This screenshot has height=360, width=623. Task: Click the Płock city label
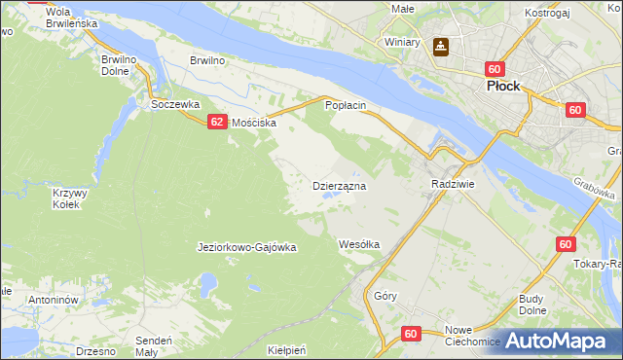[x=502, y=86]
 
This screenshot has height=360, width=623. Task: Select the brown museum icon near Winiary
[x=440, y=46]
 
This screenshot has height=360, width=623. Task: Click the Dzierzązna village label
[x=338, y=185]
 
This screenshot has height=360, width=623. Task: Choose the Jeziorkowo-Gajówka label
[x=246, y=247]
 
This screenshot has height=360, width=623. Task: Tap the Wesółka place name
[x=358, y=244]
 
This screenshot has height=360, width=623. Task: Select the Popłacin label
[x=345, y=104]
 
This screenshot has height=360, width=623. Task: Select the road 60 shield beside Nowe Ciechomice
[x=410, y=334]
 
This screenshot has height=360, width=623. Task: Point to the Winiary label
[x=401, y=43]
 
